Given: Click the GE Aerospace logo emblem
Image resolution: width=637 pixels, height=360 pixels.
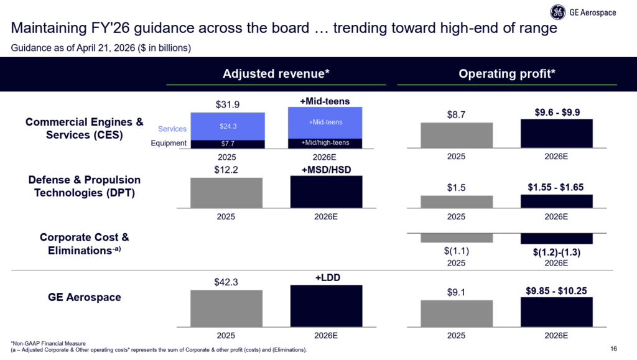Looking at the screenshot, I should pyautogui.click(x=557, y=12).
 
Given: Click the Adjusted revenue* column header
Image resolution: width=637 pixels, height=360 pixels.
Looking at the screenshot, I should pyautogui.click(x=276, y=73).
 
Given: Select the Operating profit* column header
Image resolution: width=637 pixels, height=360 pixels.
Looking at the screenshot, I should pyautogui.click(x=506, y=73).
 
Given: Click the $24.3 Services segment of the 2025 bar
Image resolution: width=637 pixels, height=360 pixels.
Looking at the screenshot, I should pyautogui.click(x=228, y=126).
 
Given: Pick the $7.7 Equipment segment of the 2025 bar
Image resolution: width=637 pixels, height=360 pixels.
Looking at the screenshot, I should pyautogui.click(x=228, y=144).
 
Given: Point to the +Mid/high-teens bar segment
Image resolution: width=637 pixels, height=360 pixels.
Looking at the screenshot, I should pyautogui.click(x=325, y=143).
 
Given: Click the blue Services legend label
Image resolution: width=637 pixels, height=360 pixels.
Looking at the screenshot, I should pyautogui.click(x=172, y=129).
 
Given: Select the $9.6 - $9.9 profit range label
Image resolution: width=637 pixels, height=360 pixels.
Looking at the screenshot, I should pyautogui.click(x=557, y=113).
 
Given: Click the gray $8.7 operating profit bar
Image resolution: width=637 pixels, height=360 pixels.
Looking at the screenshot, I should pyautogui.click(x=457, y=135).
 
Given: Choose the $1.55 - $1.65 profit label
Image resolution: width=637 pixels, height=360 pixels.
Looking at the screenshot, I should pyautogui.click(x=557, y=187).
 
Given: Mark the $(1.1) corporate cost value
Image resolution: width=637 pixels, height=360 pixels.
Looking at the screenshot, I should pyautogui.click(x=457, y=251).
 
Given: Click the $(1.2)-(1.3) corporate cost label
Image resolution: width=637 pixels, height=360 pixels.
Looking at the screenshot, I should pyautogui.click(x=557, y=253).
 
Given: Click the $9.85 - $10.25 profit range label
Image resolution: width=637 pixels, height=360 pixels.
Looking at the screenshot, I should pyautogui.click(x=557, y=289).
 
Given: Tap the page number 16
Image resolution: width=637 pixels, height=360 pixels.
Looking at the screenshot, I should pyautogui.click(x=615, y=348).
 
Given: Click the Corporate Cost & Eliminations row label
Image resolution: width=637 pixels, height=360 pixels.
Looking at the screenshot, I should pyautogui.click(x=84, y=244).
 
